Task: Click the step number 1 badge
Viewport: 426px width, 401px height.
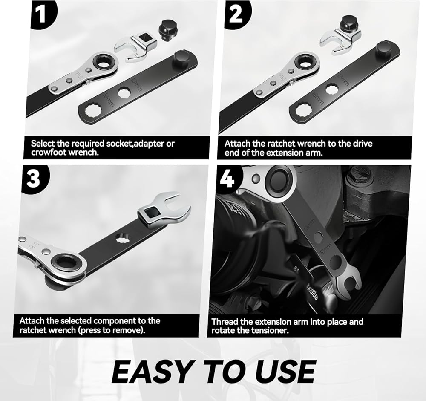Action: coord(42,14)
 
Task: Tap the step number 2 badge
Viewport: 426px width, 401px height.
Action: coord(236,14)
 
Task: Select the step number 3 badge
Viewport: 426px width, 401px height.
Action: coord(34,179)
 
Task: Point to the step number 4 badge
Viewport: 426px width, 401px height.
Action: coord(227,179)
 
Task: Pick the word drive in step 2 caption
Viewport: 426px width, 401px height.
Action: coord(362,144)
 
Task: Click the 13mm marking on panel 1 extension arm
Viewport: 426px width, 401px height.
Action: coord(137,84)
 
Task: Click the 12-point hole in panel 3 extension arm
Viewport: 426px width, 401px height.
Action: coord(123,238)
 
